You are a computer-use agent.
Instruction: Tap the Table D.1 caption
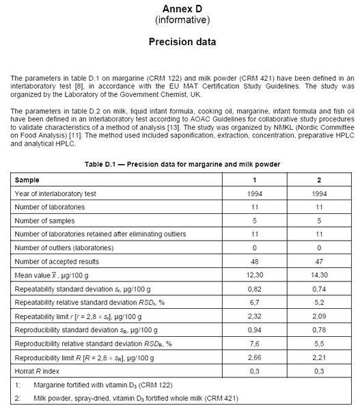(x=182, y=165)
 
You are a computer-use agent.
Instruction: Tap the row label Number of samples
(x=46, y=220)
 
